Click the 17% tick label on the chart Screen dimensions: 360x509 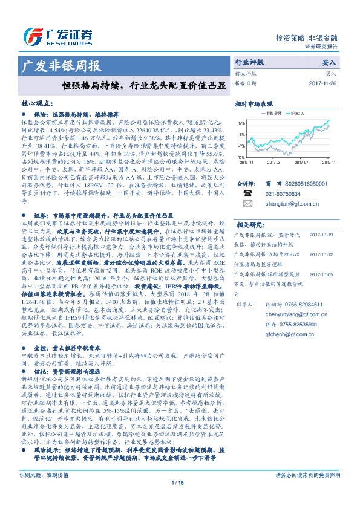241,122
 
